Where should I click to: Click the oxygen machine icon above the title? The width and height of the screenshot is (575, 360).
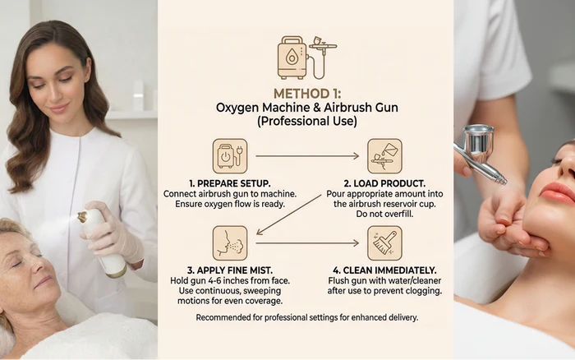(x=306, y=58)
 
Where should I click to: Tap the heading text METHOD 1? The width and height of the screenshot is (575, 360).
(x=307, y=94)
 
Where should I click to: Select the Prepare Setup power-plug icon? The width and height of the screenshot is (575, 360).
(x=230, y=156)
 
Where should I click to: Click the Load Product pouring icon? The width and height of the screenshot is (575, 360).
(x=384, y=156)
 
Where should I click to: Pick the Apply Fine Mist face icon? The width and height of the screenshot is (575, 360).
(x=230, y=243)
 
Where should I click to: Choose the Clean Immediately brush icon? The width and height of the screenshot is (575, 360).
(x=384, y=243)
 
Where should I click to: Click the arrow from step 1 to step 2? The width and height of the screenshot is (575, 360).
(x=307, y=156)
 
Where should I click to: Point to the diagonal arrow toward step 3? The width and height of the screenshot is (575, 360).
(x=288, y=215)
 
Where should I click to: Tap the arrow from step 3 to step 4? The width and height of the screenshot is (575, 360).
(x=307, y=243)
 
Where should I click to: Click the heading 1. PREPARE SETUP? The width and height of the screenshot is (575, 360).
(x=230, y=183)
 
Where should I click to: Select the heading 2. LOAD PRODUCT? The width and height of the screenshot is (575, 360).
(x=384, y=183)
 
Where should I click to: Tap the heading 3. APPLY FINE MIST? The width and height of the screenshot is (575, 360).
(x=230, y=270)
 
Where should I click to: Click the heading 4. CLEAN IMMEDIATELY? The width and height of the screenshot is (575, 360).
(x=384, y=270)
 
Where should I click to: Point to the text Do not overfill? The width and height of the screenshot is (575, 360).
(x=384, y=214)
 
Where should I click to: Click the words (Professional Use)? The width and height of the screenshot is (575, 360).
(x=307, y=121)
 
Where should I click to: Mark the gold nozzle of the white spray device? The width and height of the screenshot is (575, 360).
(x=82, y=216)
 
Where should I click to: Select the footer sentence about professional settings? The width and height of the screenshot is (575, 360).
(x=307, y=317)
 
